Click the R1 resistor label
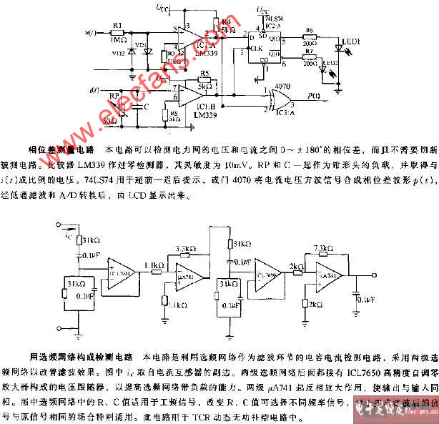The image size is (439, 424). point(117,24)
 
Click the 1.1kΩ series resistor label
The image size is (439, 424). point(152,266)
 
